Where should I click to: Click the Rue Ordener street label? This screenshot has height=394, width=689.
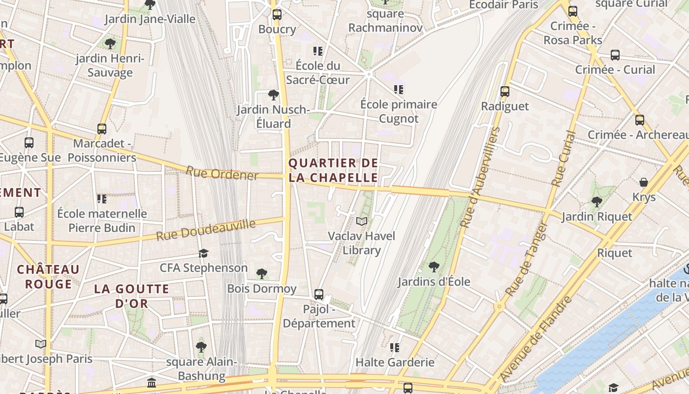click(222, 173)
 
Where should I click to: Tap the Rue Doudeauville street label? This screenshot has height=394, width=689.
click(206, 230)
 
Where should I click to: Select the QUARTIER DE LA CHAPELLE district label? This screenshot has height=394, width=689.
click(333, 170)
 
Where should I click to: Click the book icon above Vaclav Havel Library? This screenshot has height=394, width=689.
click(362, 222)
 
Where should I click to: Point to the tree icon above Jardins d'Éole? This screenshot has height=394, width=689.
click(434, 267)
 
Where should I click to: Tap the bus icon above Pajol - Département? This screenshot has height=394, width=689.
click(319, 295)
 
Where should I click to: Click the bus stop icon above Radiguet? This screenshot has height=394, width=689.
click(504, 92)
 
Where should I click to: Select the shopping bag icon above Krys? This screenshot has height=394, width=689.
click(643, 182)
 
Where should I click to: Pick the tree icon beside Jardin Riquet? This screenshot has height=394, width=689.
click(596, 201)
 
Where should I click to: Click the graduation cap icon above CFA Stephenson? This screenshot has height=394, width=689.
click(203, 253)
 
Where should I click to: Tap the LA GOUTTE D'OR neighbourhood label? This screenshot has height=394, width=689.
click(131, 296)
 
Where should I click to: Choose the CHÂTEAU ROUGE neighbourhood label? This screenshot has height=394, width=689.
click(48, 277)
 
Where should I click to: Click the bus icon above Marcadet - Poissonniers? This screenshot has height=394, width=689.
click(102, 129)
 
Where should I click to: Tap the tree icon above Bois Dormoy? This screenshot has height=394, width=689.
click(262, 273)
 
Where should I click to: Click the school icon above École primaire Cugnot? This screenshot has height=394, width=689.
click(398, 90)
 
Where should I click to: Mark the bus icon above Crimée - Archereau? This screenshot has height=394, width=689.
click(639, 120)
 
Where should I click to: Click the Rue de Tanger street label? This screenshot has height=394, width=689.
click(526, 259)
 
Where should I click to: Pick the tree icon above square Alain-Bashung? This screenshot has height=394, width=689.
click(201, 347)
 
